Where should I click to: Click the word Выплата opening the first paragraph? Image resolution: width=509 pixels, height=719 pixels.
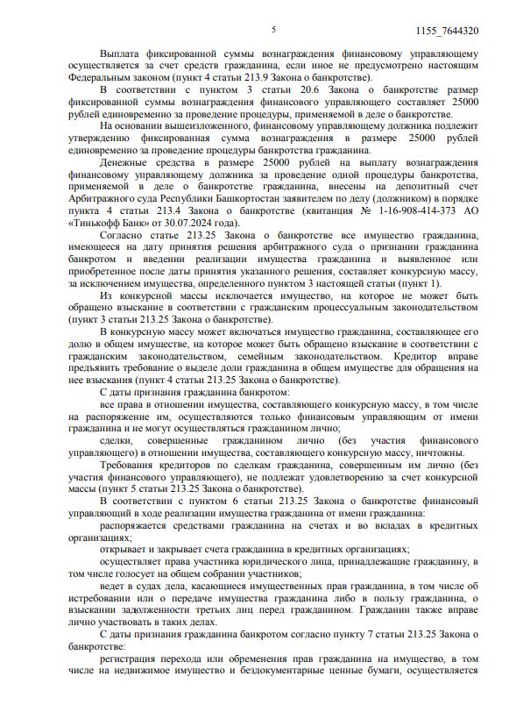coord(123,54)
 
